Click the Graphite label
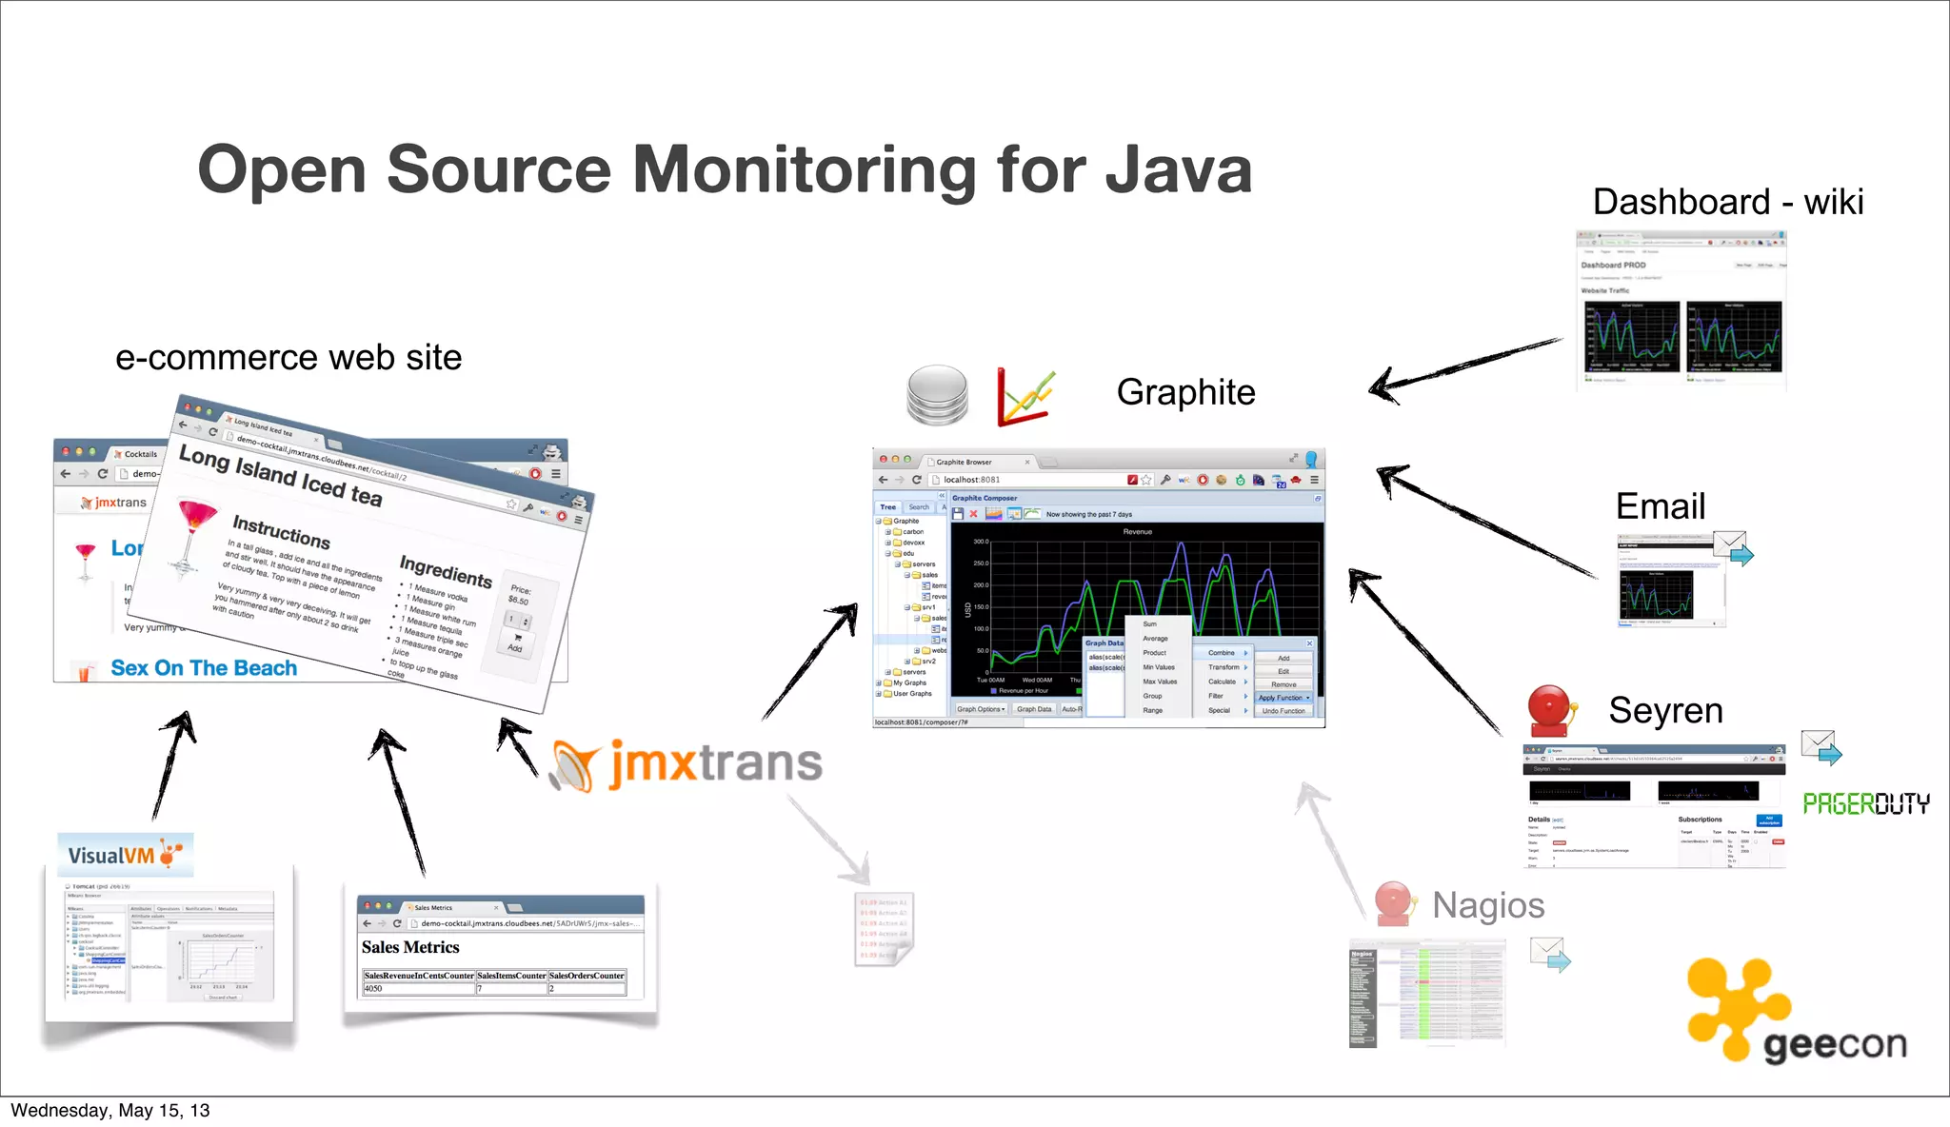1185,392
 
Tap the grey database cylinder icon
937,395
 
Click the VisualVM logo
125,855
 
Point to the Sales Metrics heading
410,947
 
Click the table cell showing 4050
373,988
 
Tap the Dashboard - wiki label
1727,202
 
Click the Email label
1660,506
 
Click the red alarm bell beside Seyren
1549,710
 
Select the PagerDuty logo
1865,804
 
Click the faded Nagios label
1487,905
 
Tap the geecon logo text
1834,1044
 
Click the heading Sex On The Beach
204,668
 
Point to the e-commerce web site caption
289,358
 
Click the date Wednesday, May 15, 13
110,1110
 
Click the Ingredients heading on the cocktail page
446,570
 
